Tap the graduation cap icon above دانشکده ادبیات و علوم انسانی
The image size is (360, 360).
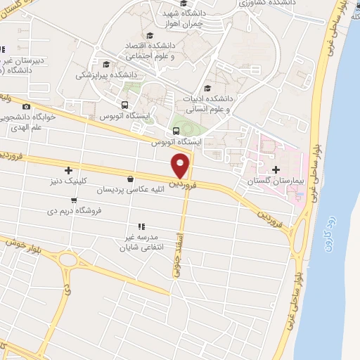(x=207, y=89)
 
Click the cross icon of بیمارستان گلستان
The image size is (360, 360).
(x=275, y=169)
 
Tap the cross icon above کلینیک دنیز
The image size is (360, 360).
(x=67, y=169)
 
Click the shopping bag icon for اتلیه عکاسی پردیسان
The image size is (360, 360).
(x=131, y=179)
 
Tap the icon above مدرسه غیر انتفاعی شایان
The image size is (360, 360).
(x=141, y=226)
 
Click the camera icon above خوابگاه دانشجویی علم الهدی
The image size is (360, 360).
(x=27, y=106)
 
